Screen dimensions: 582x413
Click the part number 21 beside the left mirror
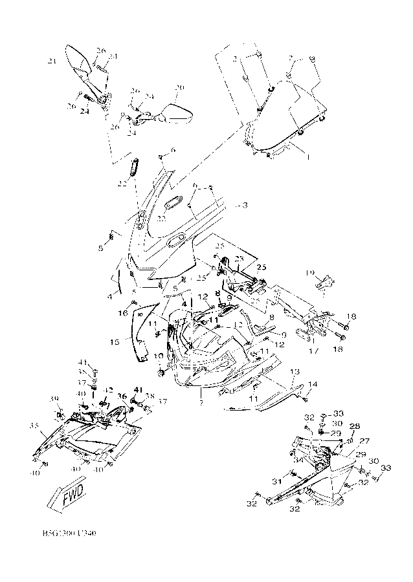click(52, 61)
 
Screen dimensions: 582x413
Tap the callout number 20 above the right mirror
click(180, 88)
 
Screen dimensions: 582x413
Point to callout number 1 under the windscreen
click(308, 156)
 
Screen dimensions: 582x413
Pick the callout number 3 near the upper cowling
click(245, 206)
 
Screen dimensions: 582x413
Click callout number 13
click(295, 372)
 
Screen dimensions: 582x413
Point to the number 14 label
click(313, 384)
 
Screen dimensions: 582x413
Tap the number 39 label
click(54, 398)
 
